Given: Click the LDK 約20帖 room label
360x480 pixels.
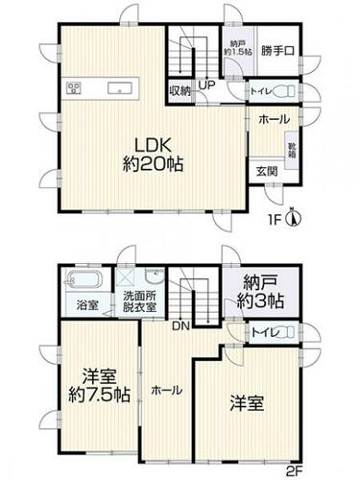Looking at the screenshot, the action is click(153, 156).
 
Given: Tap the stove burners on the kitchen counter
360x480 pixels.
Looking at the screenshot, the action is click(74, 87).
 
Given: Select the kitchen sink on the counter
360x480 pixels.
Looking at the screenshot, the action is click(120, 87).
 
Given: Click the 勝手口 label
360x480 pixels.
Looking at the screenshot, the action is click(277, 51).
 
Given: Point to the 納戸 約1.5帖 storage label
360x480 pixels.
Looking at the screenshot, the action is click(238, 47).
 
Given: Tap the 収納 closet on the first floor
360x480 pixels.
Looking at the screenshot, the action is click(180, 91).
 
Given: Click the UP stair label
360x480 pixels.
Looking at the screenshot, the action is click(206, 85).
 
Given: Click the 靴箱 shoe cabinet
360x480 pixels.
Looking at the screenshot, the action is click(293, 150).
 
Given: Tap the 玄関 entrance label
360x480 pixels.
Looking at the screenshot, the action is click(267, 172).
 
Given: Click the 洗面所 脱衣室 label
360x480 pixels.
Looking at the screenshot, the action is click(140, 301).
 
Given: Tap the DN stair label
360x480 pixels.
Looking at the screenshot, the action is click(181, 325).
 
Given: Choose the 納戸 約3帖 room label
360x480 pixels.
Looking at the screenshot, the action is click(260, 292).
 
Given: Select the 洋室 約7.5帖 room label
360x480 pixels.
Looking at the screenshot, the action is click(100, 386).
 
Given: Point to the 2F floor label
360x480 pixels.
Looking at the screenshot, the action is click(294, 470).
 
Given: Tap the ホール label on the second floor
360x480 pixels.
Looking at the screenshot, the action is click(167, 390).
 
